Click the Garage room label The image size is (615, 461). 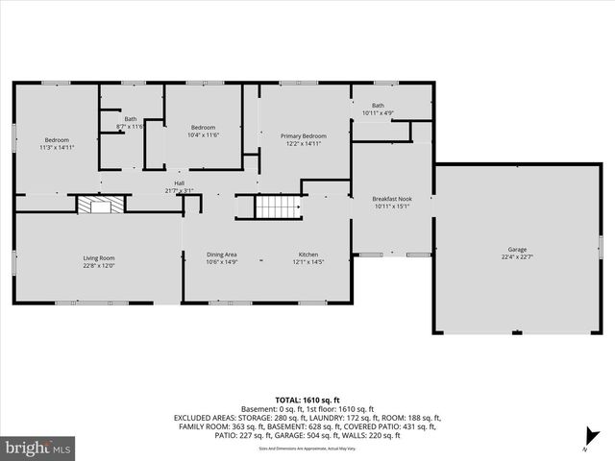[x=517, y=250]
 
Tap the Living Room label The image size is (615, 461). [x=98, y=256]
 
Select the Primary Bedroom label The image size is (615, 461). [x=304, y=136]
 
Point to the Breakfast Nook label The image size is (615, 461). [x=391, y=199]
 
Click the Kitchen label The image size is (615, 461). [x=307, y=255]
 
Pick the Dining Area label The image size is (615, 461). [x=221, y=255]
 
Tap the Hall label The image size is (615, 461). [x=179, y=183]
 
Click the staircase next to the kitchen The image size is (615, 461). [x=272, y=206]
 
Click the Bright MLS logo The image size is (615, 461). [x=38, y=448]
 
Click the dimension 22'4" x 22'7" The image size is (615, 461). [x=517, y=257]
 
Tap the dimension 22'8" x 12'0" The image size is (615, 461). [x=98, y=264]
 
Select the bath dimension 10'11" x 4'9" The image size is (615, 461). [x=379, y=113]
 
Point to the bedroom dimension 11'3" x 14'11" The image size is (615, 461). [x=57, y=147]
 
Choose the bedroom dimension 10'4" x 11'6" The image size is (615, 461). [x=203, y=135]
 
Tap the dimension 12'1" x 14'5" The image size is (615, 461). [x=307, y=262]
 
